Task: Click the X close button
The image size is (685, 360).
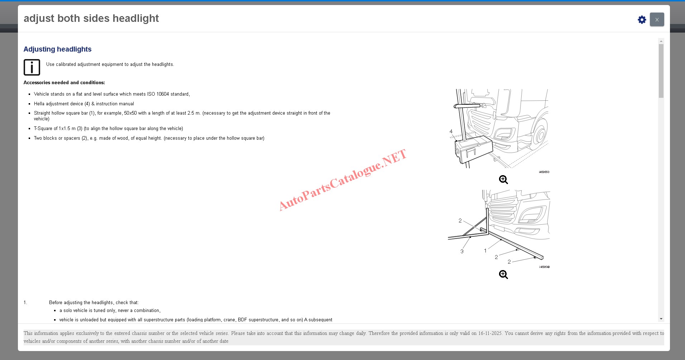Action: coord(657,19)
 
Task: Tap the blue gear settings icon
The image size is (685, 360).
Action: coord(642,20)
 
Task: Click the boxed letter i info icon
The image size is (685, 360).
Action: coord(32,67)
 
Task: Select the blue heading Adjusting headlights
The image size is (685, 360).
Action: coord(57,49)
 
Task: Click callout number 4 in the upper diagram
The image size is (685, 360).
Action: coord(451,131)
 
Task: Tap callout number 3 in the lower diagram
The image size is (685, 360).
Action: coord(462,251)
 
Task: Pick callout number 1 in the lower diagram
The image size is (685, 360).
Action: coord(485,251)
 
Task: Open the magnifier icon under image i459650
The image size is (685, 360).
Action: coord(503,179)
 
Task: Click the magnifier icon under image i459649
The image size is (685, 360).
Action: coord(503,274)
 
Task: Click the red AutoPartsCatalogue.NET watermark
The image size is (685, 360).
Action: coord(342,180)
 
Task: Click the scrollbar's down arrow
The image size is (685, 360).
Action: coord(661,319)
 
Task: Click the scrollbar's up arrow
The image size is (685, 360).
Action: coord(661,41)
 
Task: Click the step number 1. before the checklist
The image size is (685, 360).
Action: coord(25,303)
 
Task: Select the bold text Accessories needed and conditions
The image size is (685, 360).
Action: coord(64,83)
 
